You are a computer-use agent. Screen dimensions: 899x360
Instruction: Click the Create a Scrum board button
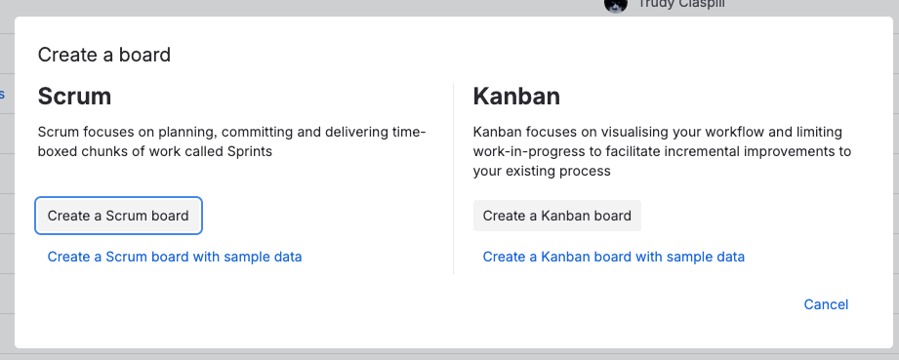pyautogui.click(x=118, y=216)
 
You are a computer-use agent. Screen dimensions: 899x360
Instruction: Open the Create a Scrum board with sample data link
pyautogui.click(x=175, y=257)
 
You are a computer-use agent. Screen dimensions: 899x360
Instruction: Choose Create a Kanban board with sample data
pyautogui.click(x=613, y=257)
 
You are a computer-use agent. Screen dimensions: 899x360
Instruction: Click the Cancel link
pyautogui.click(x=826, y=304)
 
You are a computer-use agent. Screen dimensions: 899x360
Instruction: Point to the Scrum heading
pyautogui.click(x=74, y=97)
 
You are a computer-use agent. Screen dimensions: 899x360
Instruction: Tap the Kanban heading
pyautogui.click(x=516, y=97)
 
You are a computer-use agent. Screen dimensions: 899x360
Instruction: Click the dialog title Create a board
pyautogui.click(x=104, y=55)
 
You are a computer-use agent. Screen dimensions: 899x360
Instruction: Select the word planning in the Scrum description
pyautogui.click(x=185, y=133)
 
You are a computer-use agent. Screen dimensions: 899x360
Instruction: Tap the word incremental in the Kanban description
pyautogui.click(x=694, y=152)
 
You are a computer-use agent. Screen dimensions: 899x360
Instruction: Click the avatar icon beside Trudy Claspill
pyautogui.click(x=616, y=5)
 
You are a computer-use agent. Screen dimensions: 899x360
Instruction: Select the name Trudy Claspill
pyautogui.click(x=681, y=5)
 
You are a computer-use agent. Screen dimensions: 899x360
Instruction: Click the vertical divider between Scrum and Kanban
pyautogui.click(x=453, y=179)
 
